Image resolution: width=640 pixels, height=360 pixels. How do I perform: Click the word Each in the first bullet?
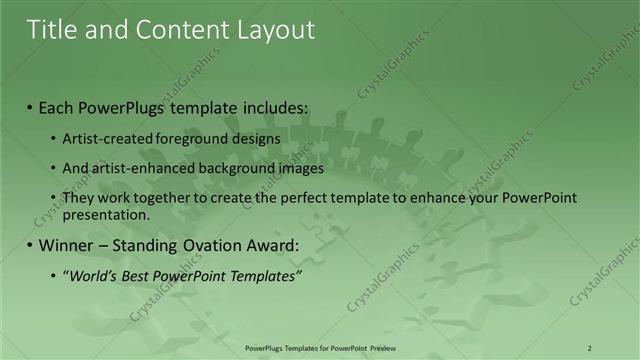click(59, 107)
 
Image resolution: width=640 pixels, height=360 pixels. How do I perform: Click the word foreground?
click(186, 139)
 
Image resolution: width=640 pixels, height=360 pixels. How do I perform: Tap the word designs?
click(254, 139)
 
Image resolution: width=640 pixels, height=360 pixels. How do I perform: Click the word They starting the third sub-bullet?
click(79, 198)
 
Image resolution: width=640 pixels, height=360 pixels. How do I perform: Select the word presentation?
click(106, 214)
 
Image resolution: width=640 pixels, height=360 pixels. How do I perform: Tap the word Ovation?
click(201, 244)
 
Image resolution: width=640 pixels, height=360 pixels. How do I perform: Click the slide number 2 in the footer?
click(590, 347)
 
